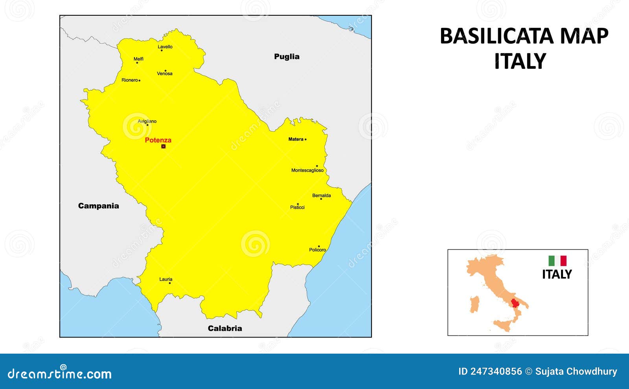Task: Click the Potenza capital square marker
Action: click(x=164, y=146)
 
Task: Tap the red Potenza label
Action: click(x=158, y=140)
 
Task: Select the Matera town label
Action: click(x=296, y=139)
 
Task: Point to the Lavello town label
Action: click(x=165, y=47)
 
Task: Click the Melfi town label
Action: click(x=138, y=59)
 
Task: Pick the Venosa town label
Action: click(x=165, y=73)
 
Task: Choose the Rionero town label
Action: click(x=129, y=80)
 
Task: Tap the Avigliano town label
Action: click(x=147, y=121)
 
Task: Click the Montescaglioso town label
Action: click(x=307, y=170)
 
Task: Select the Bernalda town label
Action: click(x=322, y=195)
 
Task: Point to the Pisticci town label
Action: click(x=297, y=207)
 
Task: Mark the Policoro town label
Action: click(x=318, y=250)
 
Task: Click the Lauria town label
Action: click(x=166, y=279)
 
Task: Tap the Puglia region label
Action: click(x=287, y=57)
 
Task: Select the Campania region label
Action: click(x=98, y=206)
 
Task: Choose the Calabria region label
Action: click(x=225, y=328)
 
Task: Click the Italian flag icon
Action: click(x=557, y=261)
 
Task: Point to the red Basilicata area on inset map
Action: click(x=515, y=304)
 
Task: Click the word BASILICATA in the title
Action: click(x=497, y=36)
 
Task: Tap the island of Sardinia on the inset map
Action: click(x=475, y=305)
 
